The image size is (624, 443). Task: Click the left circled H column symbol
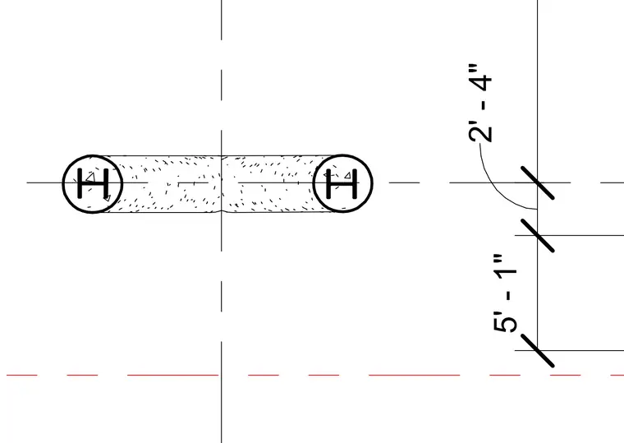pos(93,183)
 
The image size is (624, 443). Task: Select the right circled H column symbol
pos(342,183)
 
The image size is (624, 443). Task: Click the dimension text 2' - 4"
pos(480,103)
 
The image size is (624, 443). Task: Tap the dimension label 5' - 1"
pos(505,293)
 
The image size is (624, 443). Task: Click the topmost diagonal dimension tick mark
pos(537,182)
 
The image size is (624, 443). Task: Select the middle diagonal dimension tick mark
pos(537,235)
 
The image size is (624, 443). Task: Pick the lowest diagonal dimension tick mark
pos(537,351)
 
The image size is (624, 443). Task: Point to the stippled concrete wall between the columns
pos(218,183)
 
